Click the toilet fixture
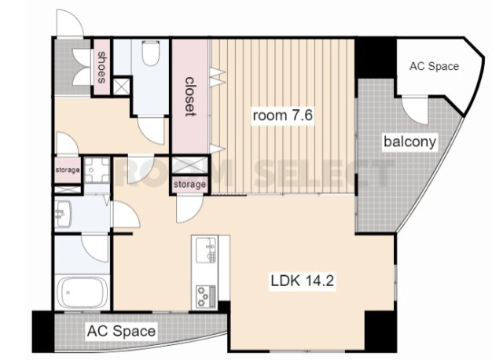click(151, 53)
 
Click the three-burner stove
click(206, 296)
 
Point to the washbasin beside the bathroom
click(63, 214)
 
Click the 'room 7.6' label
click(283, 116)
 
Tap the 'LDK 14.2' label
click(302, 281)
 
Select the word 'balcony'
click(409, 141)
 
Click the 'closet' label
click(190, 96)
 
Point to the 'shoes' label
click(101, 68)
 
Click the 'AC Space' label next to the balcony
click(434, 66)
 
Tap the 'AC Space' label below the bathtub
click(121, 331)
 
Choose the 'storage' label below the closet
click(189, 185)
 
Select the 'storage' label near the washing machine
click(68, 170)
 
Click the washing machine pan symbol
click(97, 170)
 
